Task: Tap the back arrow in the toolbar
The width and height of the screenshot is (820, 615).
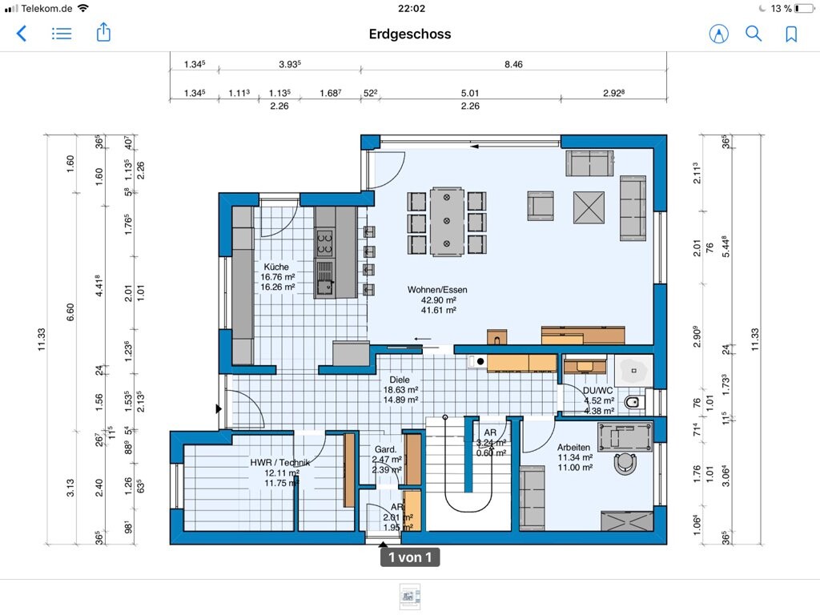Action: pos(22,34)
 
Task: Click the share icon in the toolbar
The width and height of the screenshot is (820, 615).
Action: pos(103,32)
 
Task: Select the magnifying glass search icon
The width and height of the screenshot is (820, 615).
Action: pos(753,34)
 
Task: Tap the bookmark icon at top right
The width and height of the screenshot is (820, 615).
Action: pos(791,34)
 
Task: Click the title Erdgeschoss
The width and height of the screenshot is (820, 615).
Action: pos(410,34)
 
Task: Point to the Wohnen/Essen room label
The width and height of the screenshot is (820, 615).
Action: pos(437,290)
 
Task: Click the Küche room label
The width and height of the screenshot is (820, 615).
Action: pos(276,267)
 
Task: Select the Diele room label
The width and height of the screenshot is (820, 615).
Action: pos(400,380)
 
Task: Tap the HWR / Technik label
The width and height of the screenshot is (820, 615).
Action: pos(279,462)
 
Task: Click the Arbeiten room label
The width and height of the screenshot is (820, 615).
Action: pos(573,448)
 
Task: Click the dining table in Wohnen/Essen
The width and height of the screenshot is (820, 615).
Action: pos(447,221)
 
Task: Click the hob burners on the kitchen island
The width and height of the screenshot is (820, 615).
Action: pos(325,243)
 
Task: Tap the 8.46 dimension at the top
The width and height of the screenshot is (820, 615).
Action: pos(513,64)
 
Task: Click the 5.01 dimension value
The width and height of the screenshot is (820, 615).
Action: pos(469,93)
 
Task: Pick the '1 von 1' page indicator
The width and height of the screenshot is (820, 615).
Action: pos(410,557)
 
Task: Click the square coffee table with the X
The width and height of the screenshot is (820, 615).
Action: pos(589,207)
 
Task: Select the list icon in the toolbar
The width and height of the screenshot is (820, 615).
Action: pos(61,34)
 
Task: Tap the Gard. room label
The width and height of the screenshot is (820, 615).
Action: pos(385,450)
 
